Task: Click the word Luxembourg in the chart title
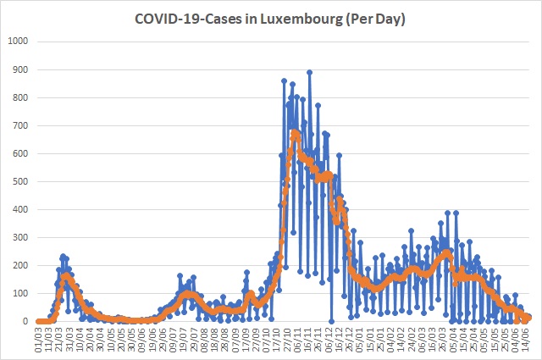click(x=301, y=19)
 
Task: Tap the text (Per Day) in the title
click(x=374, y=19)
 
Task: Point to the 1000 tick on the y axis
click(x=18, y=42)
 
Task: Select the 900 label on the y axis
click(x=20, y=69)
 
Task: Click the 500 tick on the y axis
click(x=20, y=181)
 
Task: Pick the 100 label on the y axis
click(x=20, y=293)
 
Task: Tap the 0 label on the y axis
click(x=25, y=321)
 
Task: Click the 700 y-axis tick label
click(x=20, y=125)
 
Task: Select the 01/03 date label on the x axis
click(x=38, y=340)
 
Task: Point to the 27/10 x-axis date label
click(x=286, y=340)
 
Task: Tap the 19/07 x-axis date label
click(x=183, y=340)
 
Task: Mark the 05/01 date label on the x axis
click(x=359, y=340)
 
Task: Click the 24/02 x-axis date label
click(x=411, y=340)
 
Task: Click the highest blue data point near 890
click(x=310, y=72)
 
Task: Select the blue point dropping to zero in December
click(x=331, y=321)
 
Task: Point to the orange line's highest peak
click(x=295, y=132)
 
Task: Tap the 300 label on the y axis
click(x=20, y=237)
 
